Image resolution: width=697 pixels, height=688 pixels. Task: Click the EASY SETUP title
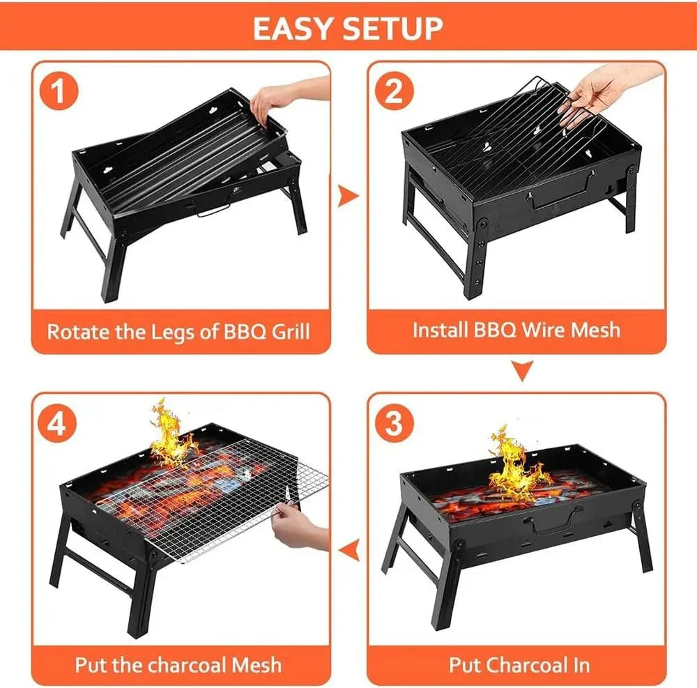(x=348, y=29)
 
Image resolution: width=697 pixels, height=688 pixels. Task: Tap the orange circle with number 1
(x=59, y=91)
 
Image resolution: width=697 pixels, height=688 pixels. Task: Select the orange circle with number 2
(x=395, y=91)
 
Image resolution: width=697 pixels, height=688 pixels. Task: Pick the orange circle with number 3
(x=395, y=423)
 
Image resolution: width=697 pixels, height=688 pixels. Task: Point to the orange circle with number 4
(x=57, y=423)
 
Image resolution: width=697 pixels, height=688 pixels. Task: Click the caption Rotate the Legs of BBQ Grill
(x=178, y=332)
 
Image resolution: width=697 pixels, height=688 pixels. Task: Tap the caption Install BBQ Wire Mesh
(x=516, y=330)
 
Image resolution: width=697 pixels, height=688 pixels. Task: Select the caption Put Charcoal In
(x=519, y=665)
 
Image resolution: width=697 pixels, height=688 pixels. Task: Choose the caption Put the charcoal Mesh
(x=178, y=665)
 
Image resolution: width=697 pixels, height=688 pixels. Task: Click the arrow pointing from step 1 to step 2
(x=347, y=196)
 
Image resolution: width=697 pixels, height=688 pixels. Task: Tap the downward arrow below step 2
(x=522, y=371)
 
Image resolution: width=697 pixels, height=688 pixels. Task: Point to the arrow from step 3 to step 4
(x=349, y=549)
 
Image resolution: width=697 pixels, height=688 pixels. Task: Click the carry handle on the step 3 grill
(x=551, y=521)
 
